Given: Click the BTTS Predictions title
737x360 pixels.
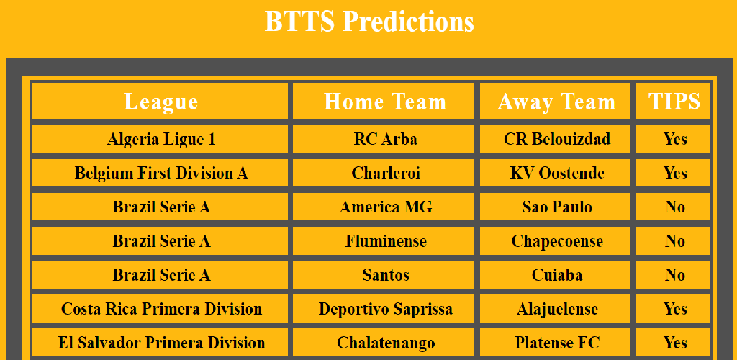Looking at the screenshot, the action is pos(369,21).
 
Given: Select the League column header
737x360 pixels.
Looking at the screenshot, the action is pos(160,101).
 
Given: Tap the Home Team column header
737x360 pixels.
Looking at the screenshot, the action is pos(384,101).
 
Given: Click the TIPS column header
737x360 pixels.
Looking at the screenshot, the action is pos(673,101).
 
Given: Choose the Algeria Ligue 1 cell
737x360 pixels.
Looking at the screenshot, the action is pos(160,139).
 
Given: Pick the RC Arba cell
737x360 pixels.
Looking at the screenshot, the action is pos(384,139).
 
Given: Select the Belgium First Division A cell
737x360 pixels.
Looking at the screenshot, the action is pos(160,173).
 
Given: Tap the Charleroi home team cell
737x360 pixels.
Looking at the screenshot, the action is pos(384,173).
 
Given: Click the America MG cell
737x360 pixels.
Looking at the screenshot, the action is pos(384,207).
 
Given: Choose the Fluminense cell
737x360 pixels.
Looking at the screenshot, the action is pos(384,241).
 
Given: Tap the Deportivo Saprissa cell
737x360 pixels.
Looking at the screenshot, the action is pos(384,309).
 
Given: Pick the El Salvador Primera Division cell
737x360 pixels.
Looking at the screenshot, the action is pos(160,343).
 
